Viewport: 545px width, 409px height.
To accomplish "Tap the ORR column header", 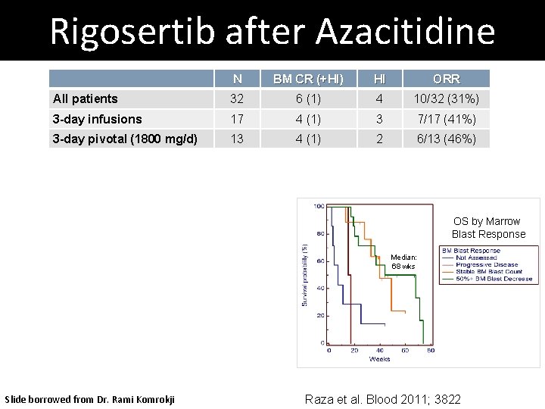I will point(446,79).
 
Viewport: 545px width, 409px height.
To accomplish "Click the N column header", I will point(238,79).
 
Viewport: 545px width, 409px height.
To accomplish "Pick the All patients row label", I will point(86,98).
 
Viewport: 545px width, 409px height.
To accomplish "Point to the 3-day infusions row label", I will point(98,119).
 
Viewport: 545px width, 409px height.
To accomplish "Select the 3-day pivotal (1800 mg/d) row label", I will point(125,139).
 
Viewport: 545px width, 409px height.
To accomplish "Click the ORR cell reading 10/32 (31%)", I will point(446,98).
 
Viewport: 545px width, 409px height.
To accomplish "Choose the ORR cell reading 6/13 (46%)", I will point(446,139).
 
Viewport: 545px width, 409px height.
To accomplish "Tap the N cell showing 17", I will point(238,119).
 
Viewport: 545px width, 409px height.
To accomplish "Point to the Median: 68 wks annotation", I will point(403,262).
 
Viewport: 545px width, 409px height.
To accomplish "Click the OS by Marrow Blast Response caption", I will point(487,228).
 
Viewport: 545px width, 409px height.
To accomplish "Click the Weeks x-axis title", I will point(379,359).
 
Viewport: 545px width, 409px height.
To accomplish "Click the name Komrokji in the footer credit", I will point(152,399).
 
